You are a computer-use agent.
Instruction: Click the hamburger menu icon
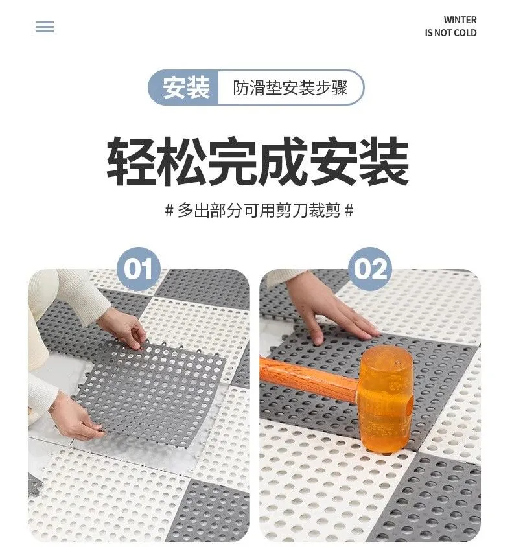45,27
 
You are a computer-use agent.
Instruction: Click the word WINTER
460,20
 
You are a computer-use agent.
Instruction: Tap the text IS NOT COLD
450,33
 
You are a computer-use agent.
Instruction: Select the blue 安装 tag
184,87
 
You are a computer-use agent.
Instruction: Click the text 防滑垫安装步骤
290,87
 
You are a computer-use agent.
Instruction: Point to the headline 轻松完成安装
258,161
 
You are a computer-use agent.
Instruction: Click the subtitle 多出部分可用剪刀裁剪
259,211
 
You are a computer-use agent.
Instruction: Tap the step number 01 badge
139,268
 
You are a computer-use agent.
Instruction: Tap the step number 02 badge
370,268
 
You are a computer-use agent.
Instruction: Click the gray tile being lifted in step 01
150,391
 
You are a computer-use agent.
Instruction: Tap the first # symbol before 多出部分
169,211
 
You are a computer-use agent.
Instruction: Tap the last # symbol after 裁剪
349,211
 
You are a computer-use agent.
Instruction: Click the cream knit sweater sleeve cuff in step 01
94,300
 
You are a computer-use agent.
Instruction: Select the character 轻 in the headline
131,161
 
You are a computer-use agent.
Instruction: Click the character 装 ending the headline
384,161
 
